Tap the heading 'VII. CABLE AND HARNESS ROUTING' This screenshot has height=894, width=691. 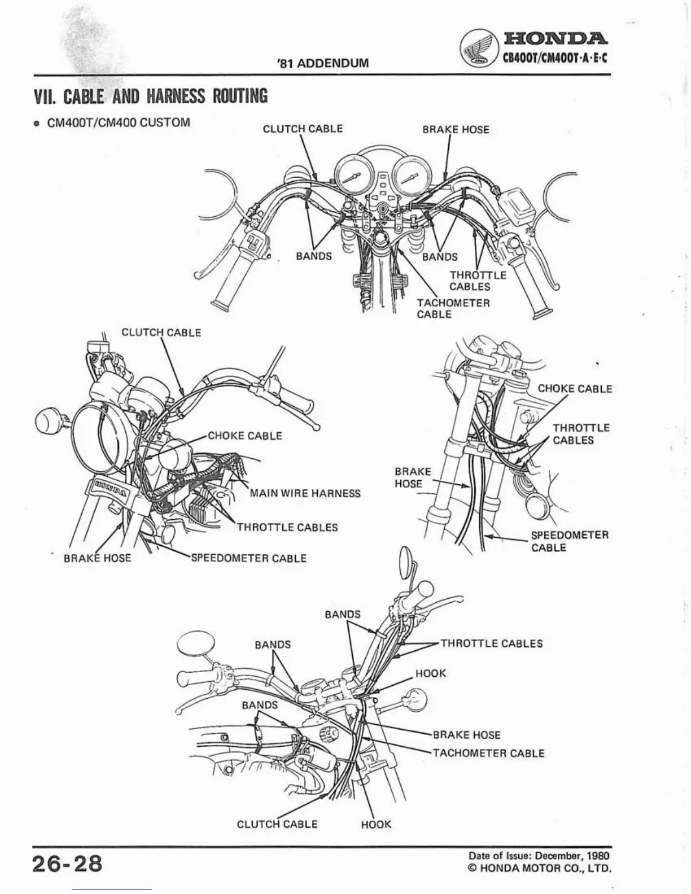tap(150, 97)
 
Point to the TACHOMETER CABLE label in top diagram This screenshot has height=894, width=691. tap(453, 308)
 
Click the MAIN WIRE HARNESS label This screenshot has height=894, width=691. tap(305, 493)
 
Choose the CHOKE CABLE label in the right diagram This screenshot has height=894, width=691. tap(575, 388)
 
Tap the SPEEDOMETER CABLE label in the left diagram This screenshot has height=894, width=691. tap(249, 558)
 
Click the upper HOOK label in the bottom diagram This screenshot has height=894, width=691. tap(431, 673)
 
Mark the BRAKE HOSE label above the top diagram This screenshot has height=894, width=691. tap(456, 129)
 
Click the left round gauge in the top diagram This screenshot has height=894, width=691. tap(354, 176)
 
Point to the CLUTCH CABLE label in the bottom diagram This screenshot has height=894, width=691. tap(277, 824)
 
